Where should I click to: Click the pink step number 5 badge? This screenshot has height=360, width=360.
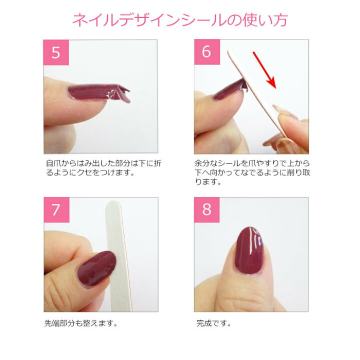pos(56,52)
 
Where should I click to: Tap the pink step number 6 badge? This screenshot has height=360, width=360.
pos(207,52)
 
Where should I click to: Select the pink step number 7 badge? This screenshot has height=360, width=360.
pos(56,210)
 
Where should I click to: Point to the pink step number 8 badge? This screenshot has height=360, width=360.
pos(206,210)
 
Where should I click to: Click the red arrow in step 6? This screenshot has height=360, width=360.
pos(264,70)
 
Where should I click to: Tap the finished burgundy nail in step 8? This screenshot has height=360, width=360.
pos(249,250)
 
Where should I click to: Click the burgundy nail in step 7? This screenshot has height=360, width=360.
pos(96,268)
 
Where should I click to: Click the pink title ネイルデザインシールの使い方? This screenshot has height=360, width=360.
pos(180,20)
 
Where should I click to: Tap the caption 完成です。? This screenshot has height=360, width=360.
pos(213,323)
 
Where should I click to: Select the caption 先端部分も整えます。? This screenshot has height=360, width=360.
pos(81,323)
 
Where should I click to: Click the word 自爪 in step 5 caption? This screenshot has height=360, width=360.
pos(53,163)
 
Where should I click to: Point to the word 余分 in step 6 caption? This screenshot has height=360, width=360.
pos(202,163)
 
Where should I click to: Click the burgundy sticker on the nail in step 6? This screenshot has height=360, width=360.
pos(229,90)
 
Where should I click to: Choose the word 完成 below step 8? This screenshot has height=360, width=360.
pos(204,323)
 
